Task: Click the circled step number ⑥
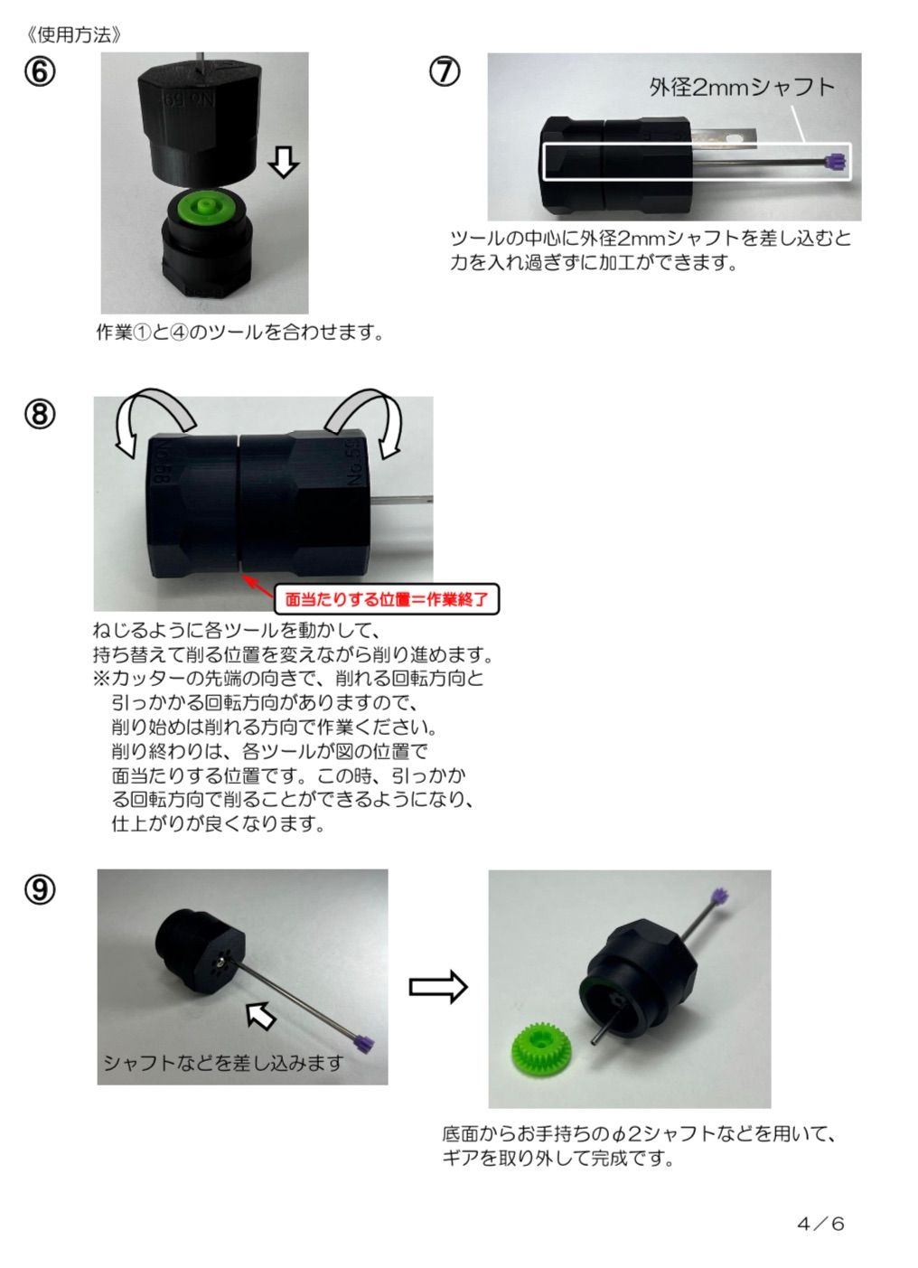coord(40,72)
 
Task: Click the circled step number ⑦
coord(445,72)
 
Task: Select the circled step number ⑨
coord(40,889)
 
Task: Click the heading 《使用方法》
coord(74,35)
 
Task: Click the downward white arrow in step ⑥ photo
coord(283,161)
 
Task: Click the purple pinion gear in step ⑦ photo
coord(838,163)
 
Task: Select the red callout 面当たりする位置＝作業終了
coord(387,599)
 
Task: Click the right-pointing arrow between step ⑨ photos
coord(438,987)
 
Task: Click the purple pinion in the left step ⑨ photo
coord(363,1041)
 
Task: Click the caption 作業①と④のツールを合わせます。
coord(240,332)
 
